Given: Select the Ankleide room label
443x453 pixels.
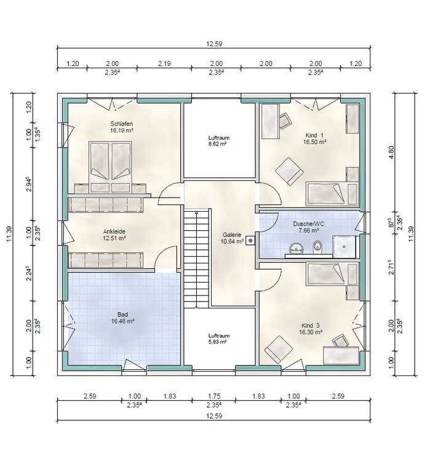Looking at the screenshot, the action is click(114, 231).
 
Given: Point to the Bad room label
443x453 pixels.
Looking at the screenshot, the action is click(122, 315).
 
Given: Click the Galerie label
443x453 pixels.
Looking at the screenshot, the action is click(231, 235).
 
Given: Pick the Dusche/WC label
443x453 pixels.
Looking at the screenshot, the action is click(308, 223).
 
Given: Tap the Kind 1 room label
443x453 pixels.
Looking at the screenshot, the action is click(314, 135).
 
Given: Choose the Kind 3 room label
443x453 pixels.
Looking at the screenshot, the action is click(311, 326).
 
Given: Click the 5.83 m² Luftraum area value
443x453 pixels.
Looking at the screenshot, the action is click(217, 342).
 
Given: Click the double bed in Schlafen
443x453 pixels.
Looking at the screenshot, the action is click(110, 167).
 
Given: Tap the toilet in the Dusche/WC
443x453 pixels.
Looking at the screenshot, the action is click(317, 247).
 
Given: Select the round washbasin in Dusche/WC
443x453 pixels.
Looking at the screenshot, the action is click(296, 248).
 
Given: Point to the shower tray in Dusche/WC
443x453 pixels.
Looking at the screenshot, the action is click(344, 246).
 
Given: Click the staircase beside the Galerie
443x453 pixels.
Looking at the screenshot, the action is click(196, 259).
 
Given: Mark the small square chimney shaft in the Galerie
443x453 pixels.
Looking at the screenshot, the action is click(250, 241).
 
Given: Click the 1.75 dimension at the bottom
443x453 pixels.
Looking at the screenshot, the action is click(214, 396).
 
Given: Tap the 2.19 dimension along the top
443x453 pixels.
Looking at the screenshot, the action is click(164, 63).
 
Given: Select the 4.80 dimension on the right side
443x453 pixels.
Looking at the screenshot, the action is click(391, 152).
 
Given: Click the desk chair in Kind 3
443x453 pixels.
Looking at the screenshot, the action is click(340, 341).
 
